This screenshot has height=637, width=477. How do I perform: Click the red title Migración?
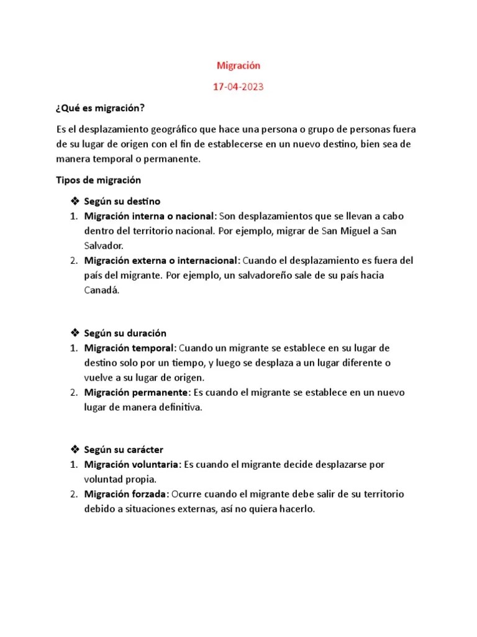point(238,65)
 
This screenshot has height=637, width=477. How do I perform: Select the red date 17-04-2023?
point(238,87)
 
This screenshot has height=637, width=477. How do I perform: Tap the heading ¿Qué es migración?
point(100,108)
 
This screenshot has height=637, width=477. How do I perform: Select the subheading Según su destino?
point(123,202)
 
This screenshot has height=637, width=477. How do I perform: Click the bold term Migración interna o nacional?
point(150,216)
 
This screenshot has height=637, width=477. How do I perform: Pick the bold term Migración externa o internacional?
point(161,260)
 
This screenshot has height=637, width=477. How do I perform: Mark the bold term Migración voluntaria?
point(132,465)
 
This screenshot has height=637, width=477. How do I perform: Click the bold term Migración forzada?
point(126,494)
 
